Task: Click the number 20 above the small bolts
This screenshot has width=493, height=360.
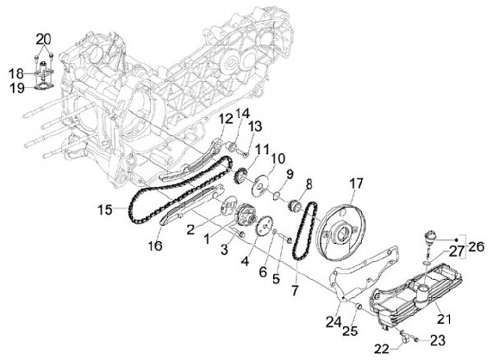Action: [x=42, y=38]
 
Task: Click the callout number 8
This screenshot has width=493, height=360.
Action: [x=309, y=183]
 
